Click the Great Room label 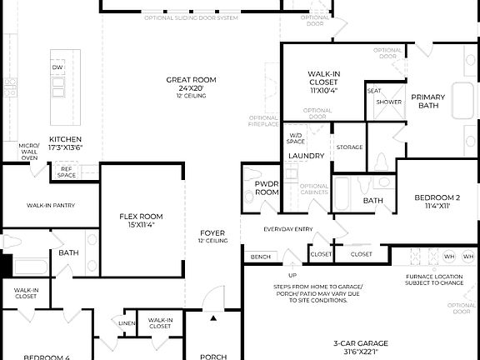[x=191, y=79]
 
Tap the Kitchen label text [x=65, y=139]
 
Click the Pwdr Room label [x=267, y=187]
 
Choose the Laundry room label [x=306, y=156]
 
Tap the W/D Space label [x=296, y=138]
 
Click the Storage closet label [x=349, y=147]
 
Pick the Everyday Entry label [x=287, y=229]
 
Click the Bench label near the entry [x=260, y=257]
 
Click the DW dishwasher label [x=57, y=67]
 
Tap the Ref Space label [x=67, y=172]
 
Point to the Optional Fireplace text [x=263, y=122]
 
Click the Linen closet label [x=127, y=322]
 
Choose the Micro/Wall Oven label [x=29, y=151]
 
